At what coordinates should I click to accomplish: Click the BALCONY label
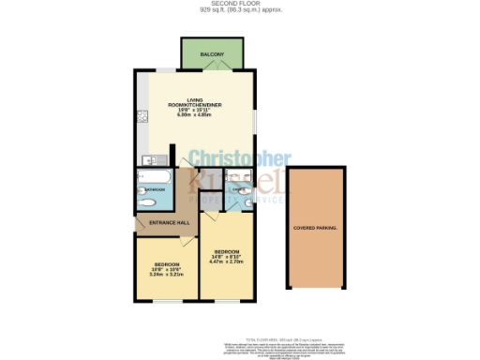213,55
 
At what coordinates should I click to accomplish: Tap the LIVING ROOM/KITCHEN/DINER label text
195,102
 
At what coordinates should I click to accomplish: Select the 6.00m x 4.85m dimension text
195,113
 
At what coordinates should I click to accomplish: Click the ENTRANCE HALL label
169,224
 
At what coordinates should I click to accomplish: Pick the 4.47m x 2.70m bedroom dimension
227,262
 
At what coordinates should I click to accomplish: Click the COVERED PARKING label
315,228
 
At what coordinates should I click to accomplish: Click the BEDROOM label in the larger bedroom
227,251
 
